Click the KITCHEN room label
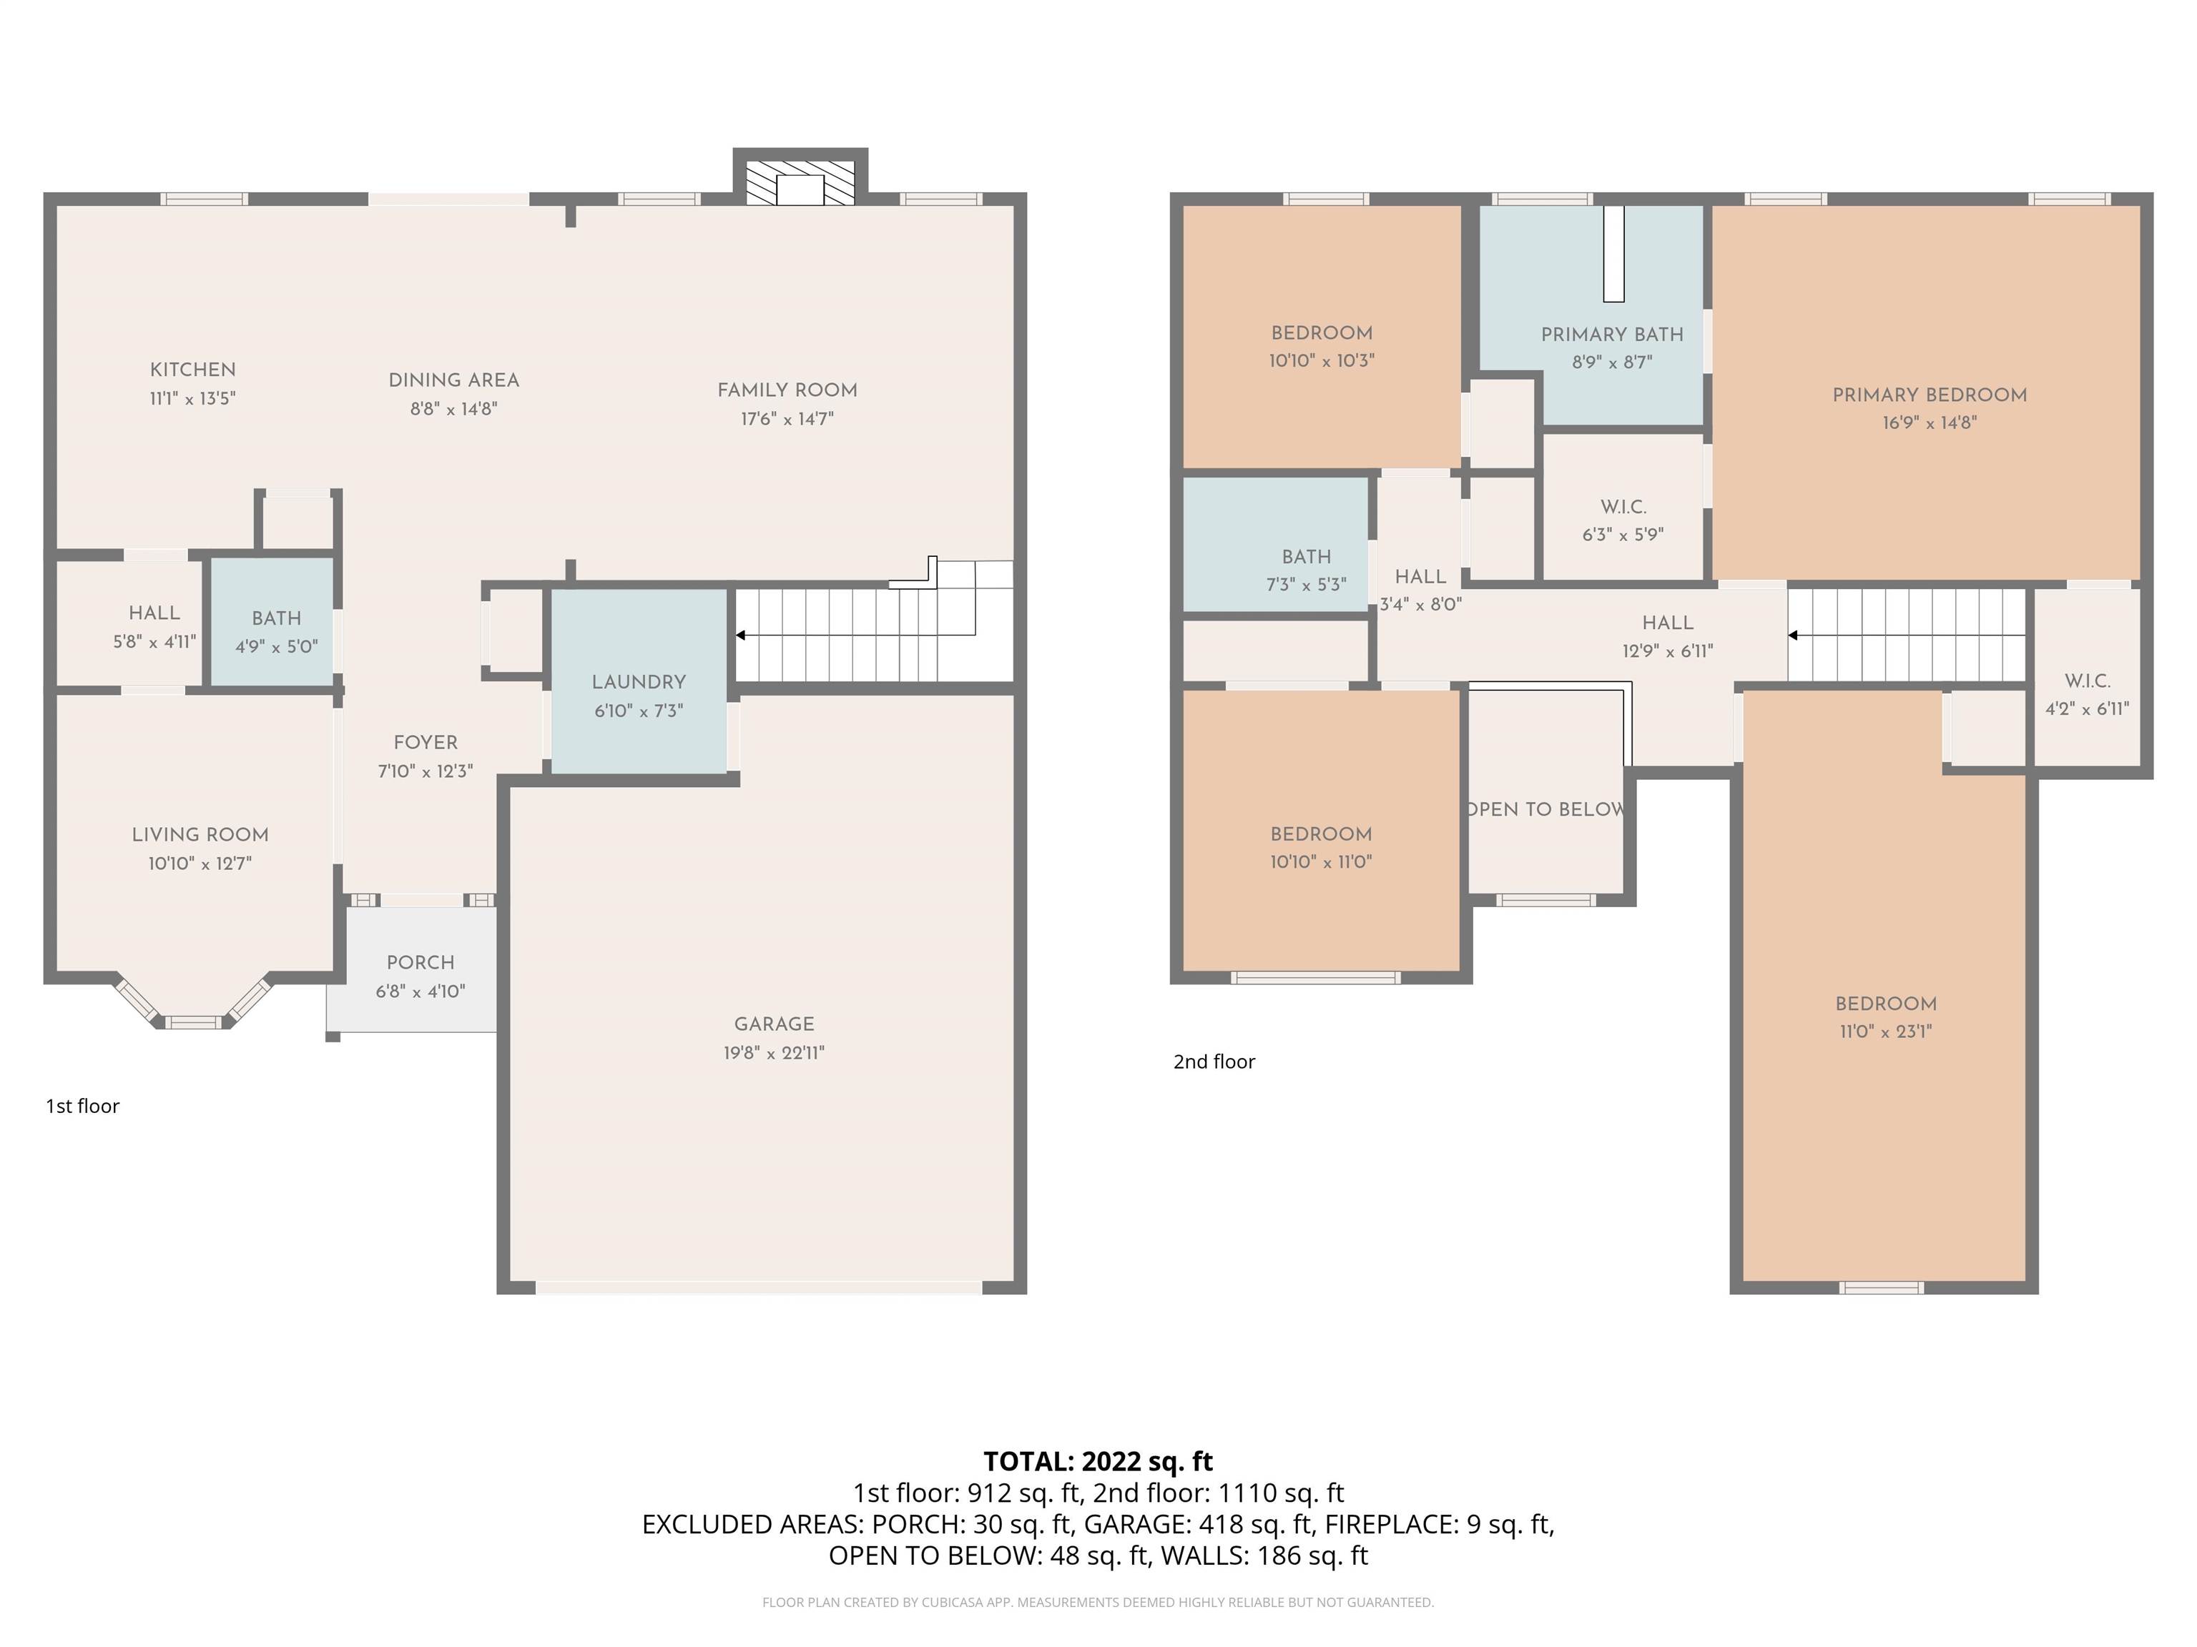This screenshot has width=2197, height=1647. click(x=192, y=370)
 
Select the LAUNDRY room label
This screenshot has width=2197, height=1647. click(x=639, y=682)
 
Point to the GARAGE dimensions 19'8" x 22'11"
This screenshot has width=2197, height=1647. click(x=774, y=1052)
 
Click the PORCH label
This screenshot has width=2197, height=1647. click(x=420, y=962)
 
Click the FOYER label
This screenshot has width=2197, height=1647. click(x=425, y=743)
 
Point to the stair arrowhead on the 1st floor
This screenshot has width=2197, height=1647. click(x=740, y=635)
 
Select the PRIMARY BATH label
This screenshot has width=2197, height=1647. click(x=1612, y=335)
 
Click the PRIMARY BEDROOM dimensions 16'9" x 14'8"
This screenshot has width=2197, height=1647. click(x=1929, y=422)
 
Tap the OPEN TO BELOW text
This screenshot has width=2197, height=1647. click(x=1545, y=809)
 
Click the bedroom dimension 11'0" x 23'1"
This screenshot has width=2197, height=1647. click(x=1885, y=1032)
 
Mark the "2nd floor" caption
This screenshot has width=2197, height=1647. click(x=1214, y=1062)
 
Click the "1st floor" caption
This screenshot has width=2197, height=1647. click(x=82, y=1106)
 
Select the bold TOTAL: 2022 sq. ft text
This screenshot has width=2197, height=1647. click(x=1098, y=1461)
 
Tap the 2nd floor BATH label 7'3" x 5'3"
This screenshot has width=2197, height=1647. click(x=1306, y=557)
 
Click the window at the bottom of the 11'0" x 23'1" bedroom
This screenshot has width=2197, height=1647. click(x=1881, y=1287)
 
